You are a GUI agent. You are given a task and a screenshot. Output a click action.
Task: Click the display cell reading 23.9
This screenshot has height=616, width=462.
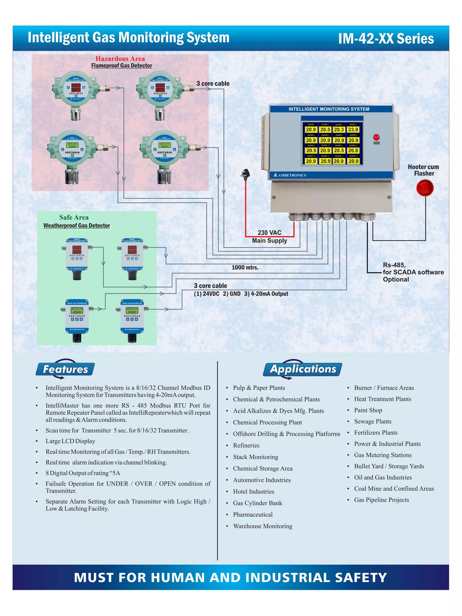point(353,129)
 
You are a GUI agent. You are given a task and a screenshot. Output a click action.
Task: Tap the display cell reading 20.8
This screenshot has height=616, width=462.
point(353,150)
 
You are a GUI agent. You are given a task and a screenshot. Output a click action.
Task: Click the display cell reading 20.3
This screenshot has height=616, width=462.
point(339,129)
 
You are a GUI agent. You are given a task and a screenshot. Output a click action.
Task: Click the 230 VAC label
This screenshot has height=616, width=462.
point(269,233)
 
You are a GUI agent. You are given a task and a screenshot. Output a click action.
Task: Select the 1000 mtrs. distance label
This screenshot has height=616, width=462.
point(245,267)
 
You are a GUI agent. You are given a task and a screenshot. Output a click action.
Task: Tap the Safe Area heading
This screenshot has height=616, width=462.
point(74,217)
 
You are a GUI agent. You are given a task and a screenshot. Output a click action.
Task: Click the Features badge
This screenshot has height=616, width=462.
point(65,369)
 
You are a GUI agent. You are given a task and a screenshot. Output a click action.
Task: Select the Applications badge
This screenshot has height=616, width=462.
point(303,369)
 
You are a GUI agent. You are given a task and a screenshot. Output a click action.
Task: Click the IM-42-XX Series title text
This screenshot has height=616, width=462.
point(386,39)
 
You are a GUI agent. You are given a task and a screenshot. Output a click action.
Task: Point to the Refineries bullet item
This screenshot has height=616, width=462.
point(246,445)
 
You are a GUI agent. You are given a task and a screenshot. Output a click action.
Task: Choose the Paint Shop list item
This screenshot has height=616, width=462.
point(368,410)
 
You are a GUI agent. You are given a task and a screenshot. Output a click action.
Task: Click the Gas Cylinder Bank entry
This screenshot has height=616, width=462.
point(257,503)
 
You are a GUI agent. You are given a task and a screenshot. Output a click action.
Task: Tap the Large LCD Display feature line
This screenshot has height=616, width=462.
point(70,441)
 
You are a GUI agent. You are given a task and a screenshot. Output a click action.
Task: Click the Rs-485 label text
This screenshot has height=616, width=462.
point(394,265)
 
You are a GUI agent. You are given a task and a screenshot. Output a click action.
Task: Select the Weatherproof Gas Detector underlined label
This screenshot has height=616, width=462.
point(76,226)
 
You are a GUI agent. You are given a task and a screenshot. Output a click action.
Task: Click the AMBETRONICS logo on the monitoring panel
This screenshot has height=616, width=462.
point(290,175)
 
